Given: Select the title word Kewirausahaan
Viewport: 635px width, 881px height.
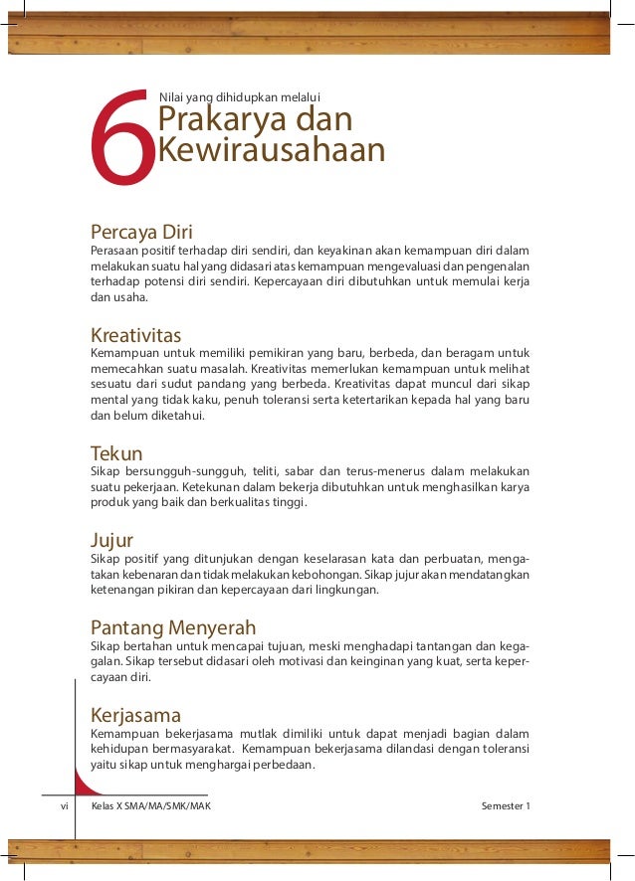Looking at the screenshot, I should tap(272, 151).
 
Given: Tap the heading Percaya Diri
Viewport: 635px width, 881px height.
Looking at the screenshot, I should tap(140, 233).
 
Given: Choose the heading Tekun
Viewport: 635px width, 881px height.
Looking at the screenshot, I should tap(115, 453).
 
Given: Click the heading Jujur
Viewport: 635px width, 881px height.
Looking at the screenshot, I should tap(111, 541).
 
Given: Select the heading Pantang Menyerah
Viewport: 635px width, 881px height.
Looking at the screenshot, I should tap(173, 627).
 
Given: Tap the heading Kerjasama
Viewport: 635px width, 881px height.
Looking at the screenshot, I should tap(135, 715).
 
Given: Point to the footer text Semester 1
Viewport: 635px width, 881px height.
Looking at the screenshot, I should tap(506, 805).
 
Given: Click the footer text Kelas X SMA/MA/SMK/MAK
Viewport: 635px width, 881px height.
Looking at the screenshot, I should tap(150, 805).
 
